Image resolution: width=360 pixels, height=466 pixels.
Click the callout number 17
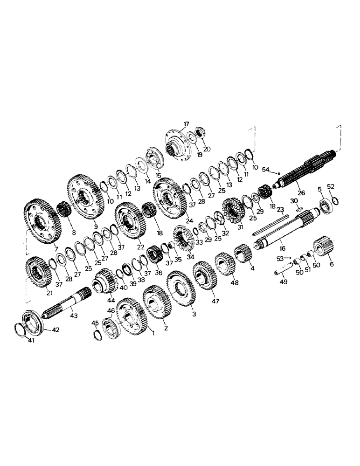tap(187, 124)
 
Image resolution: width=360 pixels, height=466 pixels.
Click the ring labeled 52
tap(334, 201)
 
